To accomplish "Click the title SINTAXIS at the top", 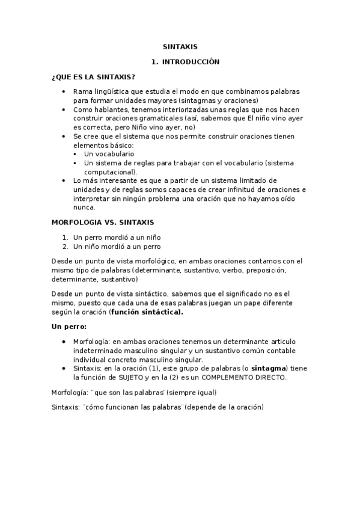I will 180,46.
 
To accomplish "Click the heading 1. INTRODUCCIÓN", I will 186,61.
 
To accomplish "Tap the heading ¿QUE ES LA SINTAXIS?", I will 93,77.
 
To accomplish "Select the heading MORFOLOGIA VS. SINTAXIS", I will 103,222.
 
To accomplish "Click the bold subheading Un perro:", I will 69,327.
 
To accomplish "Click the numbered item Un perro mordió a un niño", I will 117,237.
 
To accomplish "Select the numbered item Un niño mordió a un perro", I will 117,246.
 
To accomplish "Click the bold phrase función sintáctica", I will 147,312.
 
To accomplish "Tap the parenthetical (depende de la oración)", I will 225,407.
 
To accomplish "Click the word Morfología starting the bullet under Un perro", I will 90,342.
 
